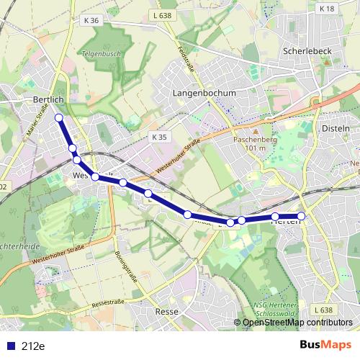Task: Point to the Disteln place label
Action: [x=336, y=127]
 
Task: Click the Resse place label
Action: [x=167, y=312]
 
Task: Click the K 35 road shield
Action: [x=159, y=136]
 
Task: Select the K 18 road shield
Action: [x=326, y=8]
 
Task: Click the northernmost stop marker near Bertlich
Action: [x=59, y=118]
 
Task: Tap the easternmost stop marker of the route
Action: [x=301, y=216]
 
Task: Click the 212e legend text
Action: [x=33, y=346]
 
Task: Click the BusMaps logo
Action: [x=325, y=346]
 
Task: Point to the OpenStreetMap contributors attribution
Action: [x=297, y=322]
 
